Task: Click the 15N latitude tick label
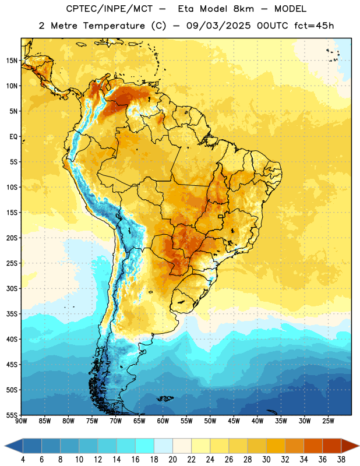[x=12, y=61]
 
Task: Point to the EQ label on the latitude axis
[x=13, y=137]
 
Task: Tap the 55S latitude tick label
[x=12, y=415]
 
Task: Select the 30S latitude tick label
[x=12, y=288]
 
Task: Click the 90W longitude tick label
[x=22, y=421]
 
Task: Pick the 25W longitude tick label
[x=328, y=421]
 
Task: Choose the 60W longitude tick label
[x=163, y=421]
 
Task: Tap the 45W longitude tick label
[x=234, y=421]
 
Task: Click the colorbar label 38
[x=341, y=460]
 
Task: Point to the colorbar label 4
[x=23, y=460]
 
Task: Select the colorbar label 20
[x=172, y=460]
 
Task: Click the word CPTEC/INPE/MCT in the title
[x=110, y=9]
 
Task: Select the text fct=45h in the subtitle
[x=314, y=26]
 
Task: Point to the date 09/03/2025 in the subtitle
[x=218, y=26]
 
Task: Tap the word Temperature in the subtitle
[x=114, y=26]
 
